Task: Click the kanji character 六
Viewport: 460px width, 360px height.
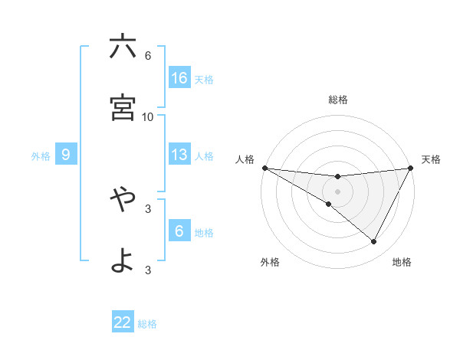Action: [123, 47]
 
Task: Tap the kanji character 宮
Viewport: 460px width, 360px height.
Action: [123, 108]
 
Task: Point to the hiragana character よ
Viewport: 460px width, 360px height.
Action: [123, 261]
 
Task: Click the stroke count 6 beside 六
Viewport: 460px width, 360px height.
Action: [148, 56]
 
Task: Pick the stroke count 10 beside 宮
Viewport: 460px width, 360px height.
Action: [148, 117]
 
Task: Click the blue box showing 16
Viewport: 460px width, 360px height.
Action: [179, 78]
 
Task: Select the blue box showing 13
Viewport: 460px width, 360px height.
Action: [179, 155]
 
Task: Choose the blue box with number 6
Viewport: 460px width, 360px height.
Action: [179, 231]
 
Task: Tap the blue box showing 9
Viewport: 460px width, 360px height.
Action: [66, 155]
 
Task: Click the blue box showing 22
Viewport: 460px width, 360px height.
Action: [123, 322]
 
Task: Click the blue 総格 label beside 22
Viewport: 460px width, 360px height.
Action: [147, 324]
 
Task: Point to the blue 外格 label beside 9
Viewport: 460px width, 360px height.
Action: [41, 156]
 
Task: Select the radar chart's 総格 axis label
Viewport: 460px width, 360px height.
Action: [338, 100]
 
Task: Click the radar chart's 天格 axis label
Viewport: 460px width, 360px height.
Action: [431, 159]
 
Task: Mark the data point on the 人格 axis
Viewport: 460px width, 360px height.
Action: [264, 167]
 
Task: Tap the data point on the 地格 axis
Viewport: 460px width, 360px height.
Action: [374, 241]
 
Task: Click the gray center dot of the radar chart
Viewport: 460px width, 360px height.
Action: [337, 191]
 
